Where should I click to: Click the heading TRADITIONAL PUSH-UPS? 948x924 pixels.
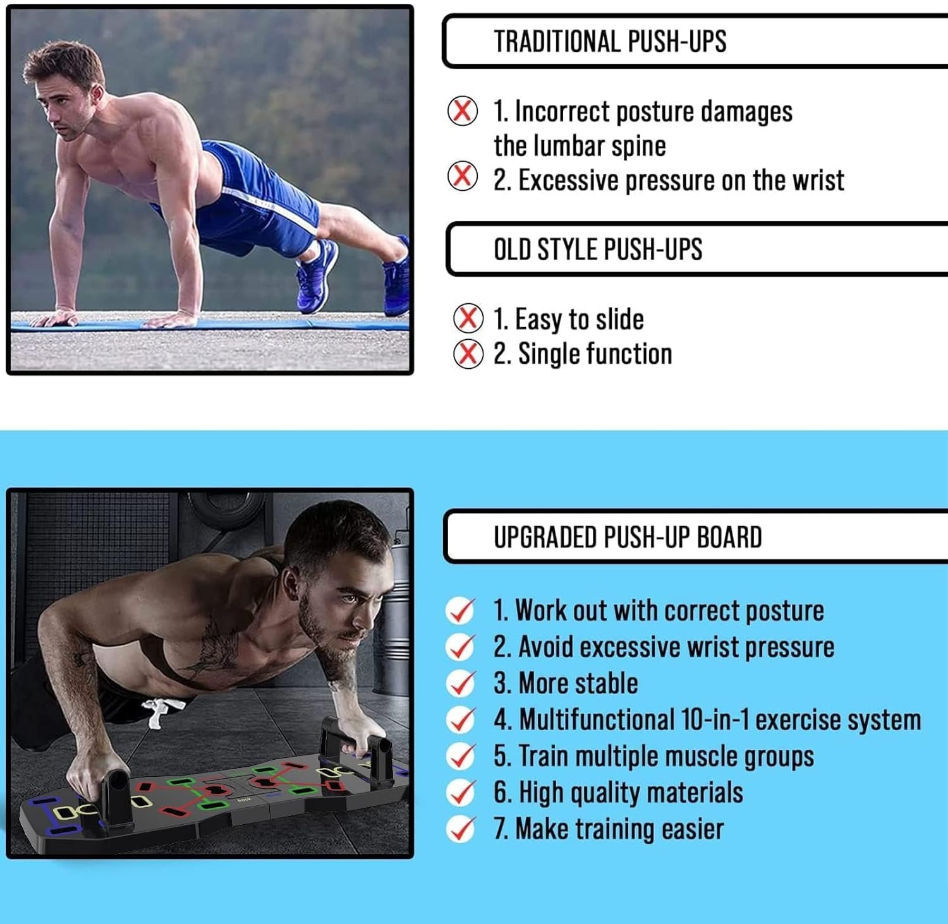tap(610, 42)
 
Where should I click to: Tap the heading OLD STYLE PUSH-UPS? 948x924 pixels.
tap(598, 249)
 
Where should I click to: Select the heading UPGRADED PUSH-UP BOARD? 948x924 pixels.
tap(628, 537)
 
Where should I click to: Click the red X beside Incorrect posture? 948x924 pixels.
tap(463, 111)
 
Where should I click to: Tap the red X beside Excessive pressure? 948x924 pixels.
tap(463, 176)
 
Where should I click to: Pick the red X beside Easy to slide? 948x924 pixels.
tap(468, 318)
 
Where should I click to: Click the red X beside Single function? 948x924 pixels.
tap(468, 354)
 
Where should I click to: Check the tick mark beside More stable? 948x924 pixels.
tap(461, 683)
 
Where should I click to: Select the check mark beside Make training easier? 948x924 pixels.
tap(461, 829)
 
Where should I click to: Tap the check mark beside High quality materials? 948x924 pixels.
tap(461, 793)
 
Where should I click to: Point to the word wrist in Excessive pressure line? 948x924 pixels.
tap(818, 181)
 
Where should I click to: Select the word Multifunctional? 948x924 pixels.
tap(597, 720)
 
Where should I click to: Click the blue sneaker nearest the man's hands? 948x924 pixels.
tap(316, 275)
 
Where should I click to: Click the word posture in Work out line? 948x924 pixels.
tap(784, 611)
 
